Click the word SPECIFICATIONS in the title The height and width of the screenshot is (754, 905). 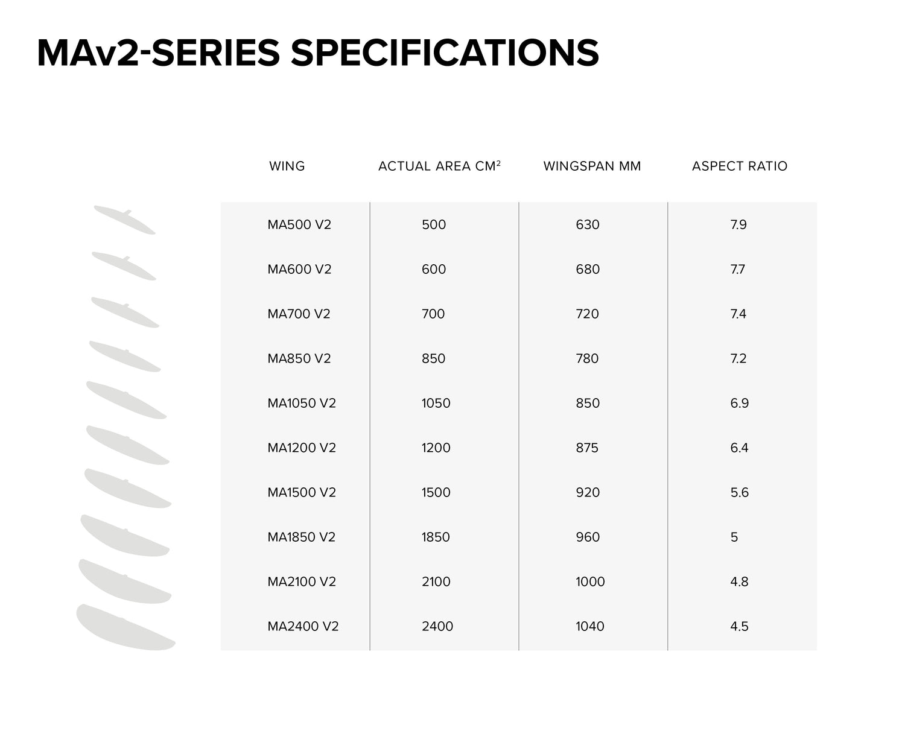[x=445, y=53]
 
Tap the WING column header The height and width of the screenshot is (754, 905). [x=287, y=166]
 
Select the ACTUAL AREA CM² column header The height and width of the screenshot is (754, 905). [x=439, y=165]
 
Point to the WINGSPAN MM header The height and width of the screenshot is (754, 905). [x=592, y=166]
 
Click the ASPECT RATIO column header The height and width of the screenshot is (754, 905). [x=740, y=166]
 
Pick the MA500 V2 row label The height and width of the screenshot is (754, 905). [x=299, y=224]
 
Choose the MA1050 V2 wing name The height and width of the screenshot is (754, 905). [x=302, y=403]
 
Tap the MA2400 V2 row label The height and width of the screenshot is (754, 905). [x=303, y=626]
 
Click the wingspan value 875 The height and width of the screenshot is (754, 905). [x=587, y=448]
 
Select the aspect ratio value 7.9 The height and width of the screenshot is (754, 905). [x=738, y=224]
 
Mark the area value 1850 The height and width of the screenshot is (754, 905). [x=436, y=537]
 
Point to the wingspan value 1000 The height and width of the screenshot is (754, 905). [x=590, y=581]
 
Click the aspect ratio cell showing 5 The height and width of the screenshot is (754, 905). [x=734, y=537]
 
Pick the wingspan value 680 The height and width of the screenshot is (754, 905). [x=588, y=269]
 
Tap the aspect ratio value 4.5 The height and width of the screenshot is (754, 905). [x=739, y=626]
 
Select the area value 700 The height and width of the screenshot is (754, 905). [x=433, y=314]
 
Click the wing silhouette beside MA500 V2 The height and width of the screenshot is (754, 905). [x=125, y=220]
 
